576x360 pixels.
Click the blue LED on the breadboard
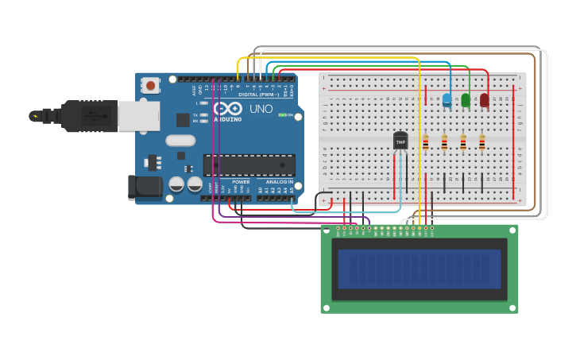[446, 99]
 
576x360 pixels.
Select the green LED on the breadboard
[466, 100]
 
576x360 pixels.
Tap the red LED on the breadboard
[485, 99]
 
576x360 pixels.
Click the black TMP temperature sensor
[400, 141]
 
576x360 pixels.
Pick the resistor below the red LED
[482, 142]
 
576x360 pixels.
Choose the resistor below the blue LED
[444, 142]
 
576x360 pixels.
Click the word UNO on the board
[261, 109]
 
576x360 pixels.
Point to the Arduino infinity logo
[228, 109]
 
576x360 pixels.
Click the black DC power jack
[145, 187]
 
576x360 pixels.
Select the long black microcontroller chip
[249, 165]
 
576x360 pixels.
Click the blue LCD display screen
[419, 269]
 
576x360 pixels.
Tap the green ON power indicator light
[282, 114]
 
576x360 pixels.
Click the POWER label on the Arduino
[241, 182]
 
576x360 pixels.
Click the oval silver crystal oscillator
[180, 141]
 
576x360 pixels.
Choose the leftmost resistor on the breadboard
[425, 142]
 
